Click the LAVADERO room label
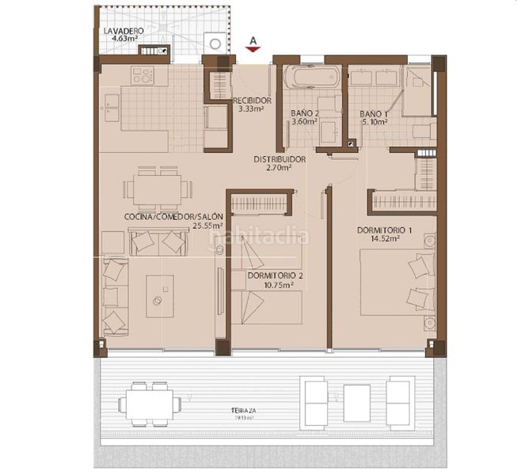[122, 31]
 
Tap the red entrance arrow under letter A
[253, 48]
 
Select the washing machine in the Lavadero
[214, 43]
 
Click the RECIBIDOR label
[253, 101]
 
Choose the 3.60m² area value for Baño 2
[304, 122]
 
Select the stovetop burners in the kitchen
[144, 77]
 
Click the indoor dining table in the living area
[158, 189]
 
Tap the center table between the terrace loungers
[356, 403]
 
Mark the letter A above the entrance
[253, 38]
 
